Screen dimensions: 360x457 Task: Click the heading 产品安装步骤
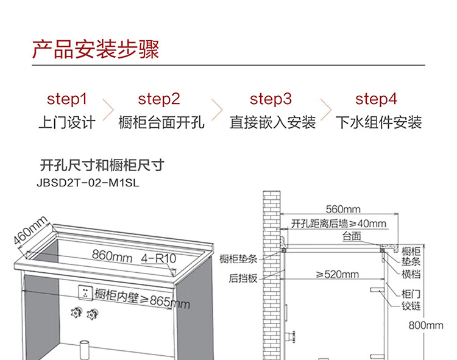tap(95, 49)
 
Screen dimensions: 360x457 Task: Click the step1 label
tap(67, 99)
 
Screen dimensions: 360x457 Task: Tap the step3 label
tap(271, 99)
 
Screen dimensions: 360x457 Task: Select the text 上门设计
tap(67, 122)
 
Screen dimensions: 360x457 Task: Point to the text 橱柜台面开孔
tap(161, 122)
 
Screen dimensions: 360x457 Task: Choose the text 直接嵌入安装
tap(272, 122)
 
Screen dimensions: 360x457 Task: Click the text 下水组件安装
tap(378, 122)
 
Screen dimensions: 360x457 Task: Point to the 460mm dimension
tap(30, 231)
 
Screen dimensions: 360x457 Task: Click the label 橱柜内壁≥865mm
tap(143, 298)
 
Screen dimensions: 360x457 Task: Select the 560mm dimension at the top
tap(343, 209)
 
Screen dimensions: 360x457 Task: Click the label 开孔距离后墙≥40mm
tap(339, 224)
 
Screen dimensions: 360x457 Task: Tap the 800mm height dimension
tap(426, 325)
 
